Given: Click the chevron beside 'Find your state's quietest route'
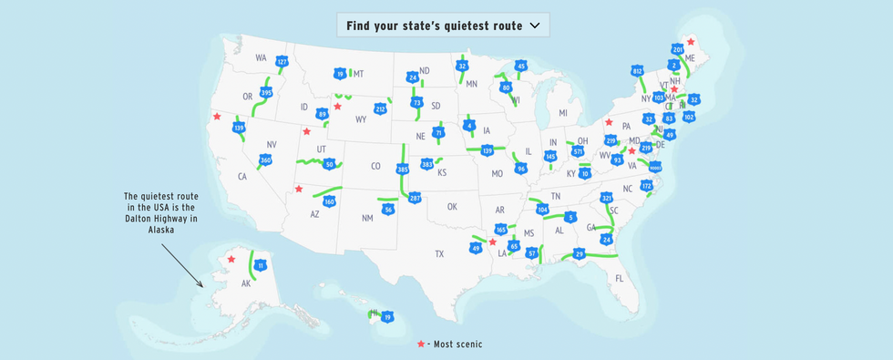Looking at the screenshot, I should [x=534, y=26].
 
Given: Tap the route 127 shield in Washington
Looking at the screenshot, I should [x=282, y=62].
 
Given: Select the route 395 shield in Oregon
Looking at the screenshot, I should [x=266, y=93].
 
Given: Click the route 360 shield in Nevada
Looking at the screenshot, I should [x=265, y=160].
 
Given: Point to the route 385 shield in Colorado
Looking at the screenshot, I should [x=403, y=170].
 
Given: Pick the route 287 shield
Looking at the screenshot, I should [x=415, y=197].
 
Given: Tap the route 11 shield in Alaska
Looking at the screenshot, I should [x=261, y=265].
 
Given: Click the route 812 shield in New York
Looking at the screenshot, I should [x=637, y=71].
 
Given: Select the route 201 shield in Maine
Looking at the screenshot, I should [x=677, y=49].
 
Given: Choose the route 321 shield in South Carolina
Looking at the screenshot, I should [x=607, y=198].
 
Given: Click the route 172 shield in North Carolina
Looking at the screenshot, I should [x=646, y=186].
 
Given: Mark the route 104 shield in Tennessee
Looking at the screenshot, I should [x=542, y=210].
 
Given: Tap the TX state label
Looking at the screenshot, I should [x=438, y=253].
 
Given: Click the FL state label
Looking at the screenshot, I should [x=620, y=278].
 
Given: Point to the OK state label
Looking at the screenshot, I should [x=451, y=207].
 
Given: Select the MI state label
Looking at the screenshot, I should [x=563, y=113].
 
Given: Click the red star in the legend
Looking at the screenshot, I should [x=421, y=344].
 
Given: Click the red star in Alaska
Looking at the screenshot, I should [x=231, y=259].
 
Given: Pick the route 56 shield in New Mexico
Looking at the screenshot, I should [x=388, y=209].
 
